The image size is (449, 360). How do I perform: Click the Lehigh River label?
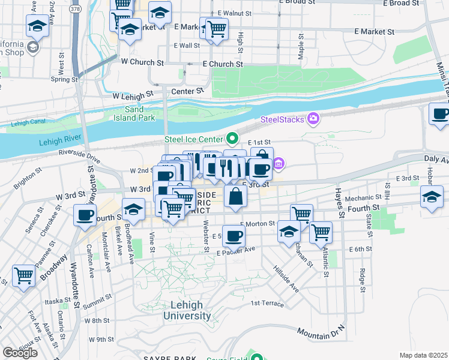click(60, 142)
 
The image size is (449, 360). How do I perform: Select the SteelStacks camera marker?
click(312, 119)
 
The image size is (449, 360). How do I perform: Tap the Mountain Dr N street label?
click(322, 330)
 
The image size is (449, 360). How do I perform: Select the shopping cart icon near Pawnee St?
click(23, 276)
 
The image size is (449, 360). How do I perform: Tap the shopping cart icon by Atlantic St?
click(321, 231)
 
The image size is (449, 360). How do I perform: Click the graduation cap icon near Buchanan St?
click(289, 232)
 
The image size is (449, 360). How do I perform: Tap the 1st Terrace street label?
click(267, 304)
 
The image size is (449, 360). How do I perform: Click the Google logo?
click(20, 353)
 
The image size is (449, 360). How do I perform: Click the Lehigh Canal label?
click(29, 125)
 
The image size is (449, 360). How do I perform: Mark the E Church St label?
click(222, 64)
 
